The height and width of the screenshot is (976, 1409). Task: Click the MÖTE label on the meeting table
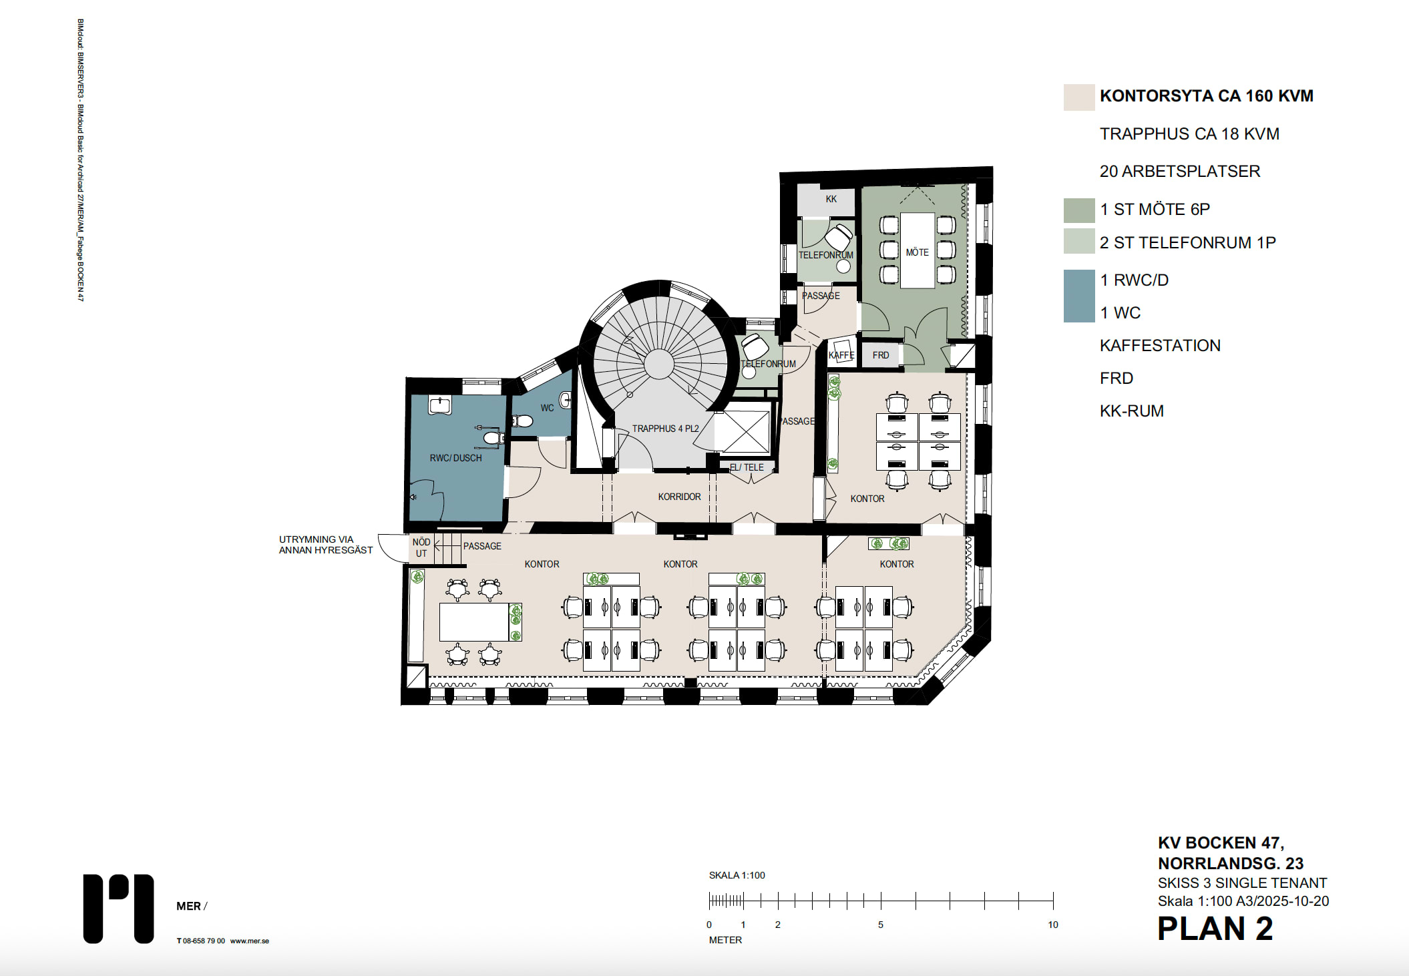[x=917, y=252]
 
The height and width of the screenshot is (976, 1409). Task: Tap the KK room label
[x=831, y=199]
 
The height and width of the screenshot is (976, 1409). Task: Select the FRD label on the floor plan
[x=880, y=355]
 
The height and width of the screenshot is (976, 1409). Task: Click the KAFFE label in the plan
[x=841, y=355]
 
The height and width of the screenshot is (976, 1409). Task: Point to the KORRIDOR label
[x=679, y=497]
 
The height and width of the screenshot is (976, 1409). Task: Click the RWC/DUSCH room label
[x=455, y=458]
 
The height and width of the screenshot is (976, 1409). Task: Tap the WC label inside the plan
[x=547, y=408]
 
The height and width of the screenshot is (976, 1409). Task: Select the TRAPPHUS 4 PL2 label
[x=665, y=429]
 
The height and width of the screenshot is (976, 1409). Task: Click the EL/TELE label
[x=747, y=467]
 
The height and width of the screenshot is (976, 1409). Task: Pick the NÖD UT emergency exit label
[x=421, y=547]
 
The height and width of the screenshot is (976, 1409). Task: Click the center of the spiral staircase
[x=659, y=364]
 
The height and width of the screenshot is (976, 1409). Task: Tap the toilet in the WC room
[x=522, y=421]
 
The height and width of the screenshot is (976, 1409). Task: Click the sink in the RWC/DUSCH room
[x=440, y=405]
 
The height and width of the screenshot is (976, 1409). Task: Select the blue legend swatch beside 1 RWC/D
[x=1079, y=296]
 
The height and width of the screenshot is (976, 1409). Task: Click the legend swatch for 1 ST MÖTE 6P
[x=1079, y=210]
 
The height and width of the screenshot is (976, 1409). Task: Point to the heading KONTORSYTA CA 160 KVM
[x=1206, y=96]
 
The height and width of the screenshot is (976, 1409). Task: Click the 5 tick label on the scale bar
[x=880, y=925]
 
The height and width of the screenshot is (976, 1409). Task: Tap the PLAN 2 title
[x=1215, y=929]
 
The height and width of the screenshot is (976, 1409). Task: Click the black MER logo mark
[x=118, y=909]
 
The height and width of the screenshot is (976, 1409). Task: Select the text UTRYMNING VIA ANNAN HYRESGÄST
[x=326, y=545]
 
